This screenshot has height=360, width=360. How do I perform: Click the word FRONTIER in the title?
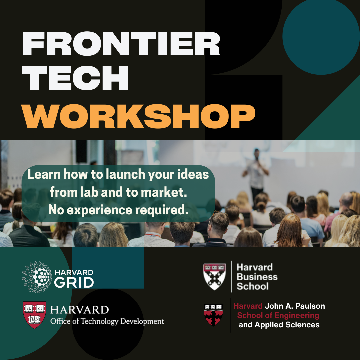pyautogui.click(x=121, y=44)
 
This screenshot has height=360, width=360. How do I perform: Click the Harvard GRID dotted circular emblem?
pyautogui.click(x=37, y=277)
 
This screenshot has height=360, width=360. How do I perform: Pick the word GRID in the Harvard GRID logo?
pyautogui.click(x=74, y=283)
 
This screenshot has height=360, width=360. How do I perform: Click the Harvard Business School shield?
pyautogui.click(x=215, y=276)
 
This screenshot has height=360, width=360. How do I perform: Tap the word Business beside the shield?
pyautogui.click(x=257, y=277)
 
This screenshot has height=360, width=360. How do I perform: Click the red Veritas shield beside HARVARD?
pyautogui.click(x=34, y=315)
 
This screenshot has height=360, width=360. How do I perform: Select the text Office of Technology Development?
pyautogui.click(x=107, y=321)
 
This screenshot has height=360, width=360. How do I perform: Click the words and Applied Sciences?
pyautogui.click(x=279, y=325)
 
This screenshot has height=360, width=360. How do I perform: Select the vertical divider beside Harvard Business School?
pyautogui.click(x=231, y=276)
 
